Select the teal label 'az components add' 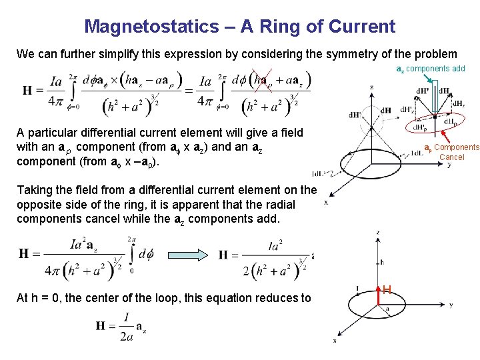click(x=431, y=69)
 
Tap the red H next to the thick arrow click(x=387, y=289)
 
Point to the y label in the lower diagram click(x=451, y=305)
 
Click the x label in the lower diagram click(x=335, y=341)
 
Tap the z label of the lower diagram click(x=378, y=233)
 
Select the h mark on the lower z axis click(x=382, y=262)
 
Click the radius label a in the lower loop click(x=387, y=309)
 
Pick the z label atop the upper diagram click(x=372, y=87)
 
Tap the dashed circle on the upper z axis click(x=371, y=111)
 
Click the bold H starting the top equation click(x=28, y=91)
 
